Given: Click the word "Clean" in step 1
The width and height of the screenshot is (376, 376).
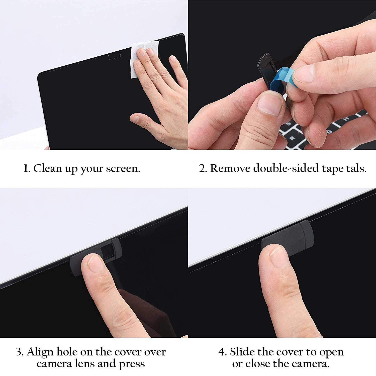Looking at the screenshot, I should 48,168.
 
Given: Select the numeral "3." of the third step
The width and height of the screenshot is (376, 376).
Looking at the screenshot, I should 20,352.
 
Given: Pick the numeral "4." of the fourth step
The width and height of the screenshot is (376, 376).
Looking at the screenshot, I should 222,352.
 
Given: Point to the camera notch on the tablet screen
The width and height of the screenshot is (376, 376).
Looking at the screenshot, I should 115,56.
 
